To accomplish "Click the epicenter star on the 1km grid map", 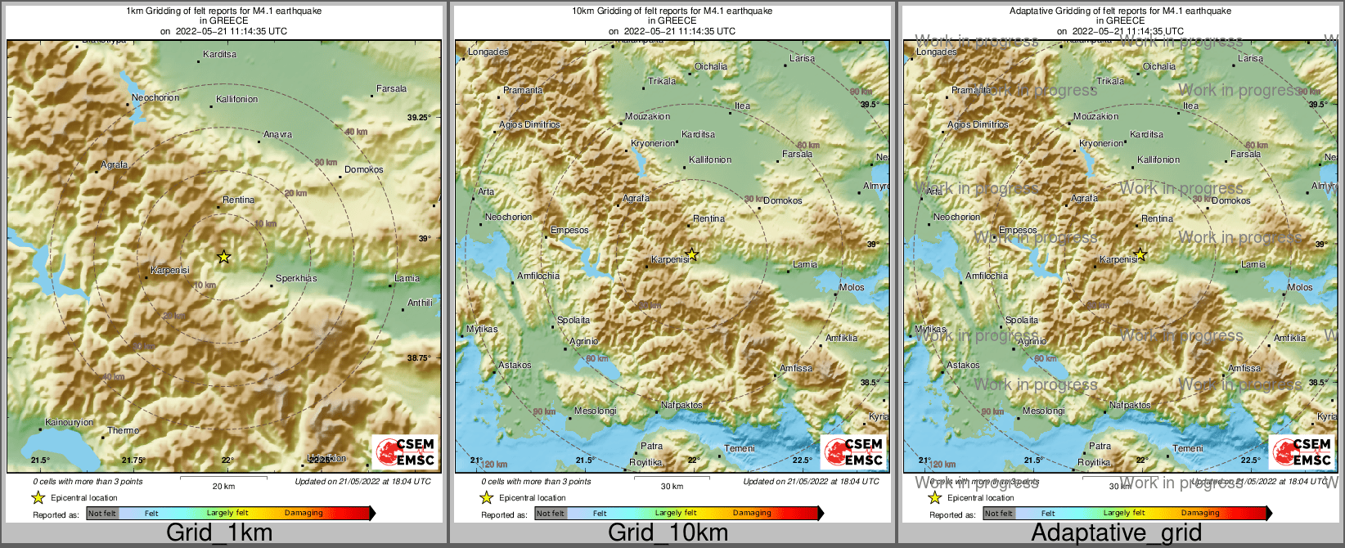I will coord(223,257).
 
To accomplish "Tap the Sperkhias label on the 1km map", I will coord(296,279).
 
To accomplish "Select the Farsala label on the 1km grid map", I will coord(391,89).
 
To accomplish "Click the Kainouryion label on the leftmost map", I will coord(69,423).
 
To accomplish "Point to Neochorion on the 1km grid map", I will coord(155,98).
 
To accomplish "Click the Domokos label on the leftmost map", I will coord(363,170).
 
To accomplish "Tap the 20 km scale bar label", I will coord(223,487).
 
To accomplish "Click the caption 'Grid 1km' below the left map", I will coord(219,533).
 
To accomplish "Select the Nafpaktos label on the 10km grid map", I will coord(681,406).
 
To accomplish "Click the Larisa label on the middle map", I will coord(802,59).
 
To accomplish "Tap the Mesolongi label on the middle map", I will coord(595,411).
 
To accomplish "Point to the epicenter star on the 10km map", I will coord(692,254).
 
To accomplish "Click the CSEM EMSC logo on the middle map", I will coord(854,451).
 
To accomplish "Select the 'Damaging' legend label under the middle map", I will coord(752,514).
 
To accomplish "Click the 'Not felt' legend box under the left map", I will coord(102,514).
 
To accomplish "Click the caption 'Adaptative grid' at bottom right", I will coord(1116,533).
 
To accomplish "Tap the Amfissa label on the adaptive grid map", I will coord(1244,369).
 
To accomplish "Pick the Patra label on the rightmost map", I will coord(1100,447).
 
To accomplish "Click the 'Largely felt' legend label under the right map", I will coord(1123,514).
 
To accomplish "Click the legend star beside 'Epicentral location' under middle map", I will coord(486,497).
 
